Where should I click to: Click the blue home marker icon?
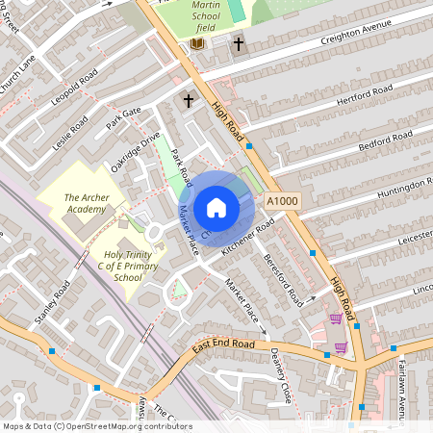(x=216, y=207)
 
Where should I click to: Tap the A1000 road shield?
(x=283, y=201)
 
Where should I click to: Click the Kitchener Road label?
(x=248, y=237)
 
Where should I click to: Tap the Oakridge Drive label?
(x=135, y=152)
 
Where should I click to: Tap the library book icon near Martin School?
(x=197, y=44)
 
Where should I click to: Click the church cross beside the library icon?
(x=238, y=44)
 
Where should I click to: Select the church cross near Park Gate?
(x=189, y=100)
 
